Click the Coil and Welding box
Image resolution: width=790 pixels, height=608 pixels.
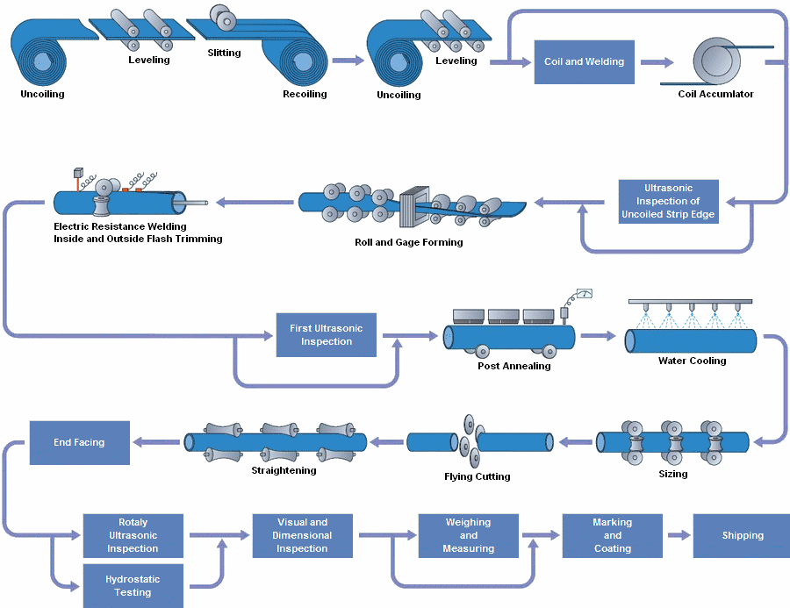point(584,61)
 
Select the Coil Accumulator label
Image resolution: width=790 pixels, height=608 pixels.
point(715,94)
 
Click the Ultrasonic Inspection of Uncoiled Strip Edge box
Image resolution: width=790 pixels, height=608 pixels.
point(668,202)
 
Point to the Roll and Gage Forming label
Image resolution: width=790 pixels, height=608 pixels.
point(407,242)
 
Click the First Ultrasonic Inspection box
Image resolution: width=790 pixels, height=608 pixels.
point(326,335)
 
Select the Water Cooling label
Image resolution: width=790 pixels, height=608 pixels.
point(692,361)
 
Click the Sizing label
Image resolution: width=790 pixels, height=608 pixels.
point(672,474)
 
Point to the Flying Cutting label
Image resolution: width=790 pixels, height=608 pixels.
point(477,476)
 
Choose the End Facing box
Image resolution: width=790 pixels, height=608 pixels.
point(79,443)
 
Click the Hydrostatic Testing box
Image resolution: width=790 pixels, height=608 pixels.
point(133,586)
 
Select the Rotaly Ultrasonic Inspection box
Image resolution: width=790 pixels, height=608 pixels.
point(133,535)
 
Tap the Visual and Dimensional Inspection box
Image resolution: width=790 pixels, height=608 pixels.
point(302,535)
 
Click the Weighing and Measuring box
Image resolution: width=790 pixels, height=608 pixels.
point(468,535)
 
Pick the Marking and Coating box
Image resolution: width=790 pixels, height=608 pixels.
point(612,535)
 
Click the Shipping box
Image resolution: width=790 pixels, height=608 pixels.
point(742,535)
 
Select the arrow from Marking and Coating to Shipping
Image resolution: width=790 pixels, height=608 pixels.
point(677,535)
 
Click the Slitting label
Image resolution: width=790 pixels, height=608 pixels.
point(224,53)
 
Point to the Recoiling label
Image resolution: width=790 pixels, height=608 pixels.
point(305,94)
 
